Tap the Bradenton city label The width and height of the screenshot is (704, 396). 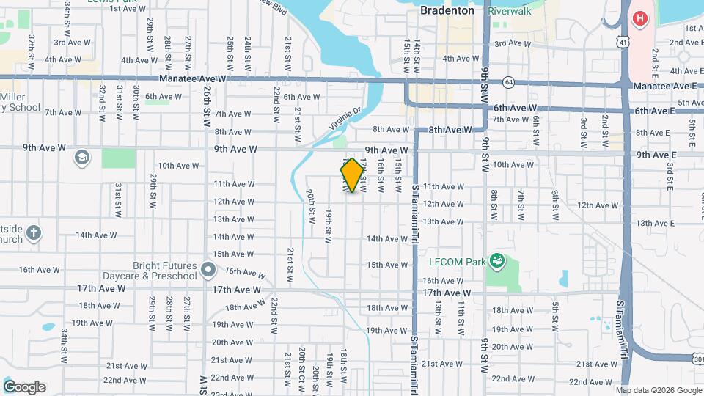click(x=447, y=11)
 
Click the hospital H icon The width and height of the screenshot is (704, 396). click(x=641, y=18)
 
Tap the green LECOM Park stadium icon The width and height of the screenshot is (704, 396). click(x=497, y=260)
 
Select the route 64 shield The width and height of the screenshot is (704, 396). click(x=509, y=81)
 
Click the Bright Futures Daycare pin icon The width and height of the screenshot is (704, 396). click(x=208, y=271)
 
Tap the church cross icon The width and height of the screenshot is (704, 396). click(x=33, y=234)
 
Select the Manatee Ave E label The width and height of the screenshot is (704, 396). click(x=664, y=86)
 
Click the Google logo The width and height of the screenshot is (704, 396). click(x=23, y=387)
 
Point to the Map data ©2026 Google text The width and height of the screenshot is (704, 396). click(x=658, y=390)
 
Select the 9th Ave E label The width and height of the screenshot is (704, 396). click(x=656, y=155)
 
